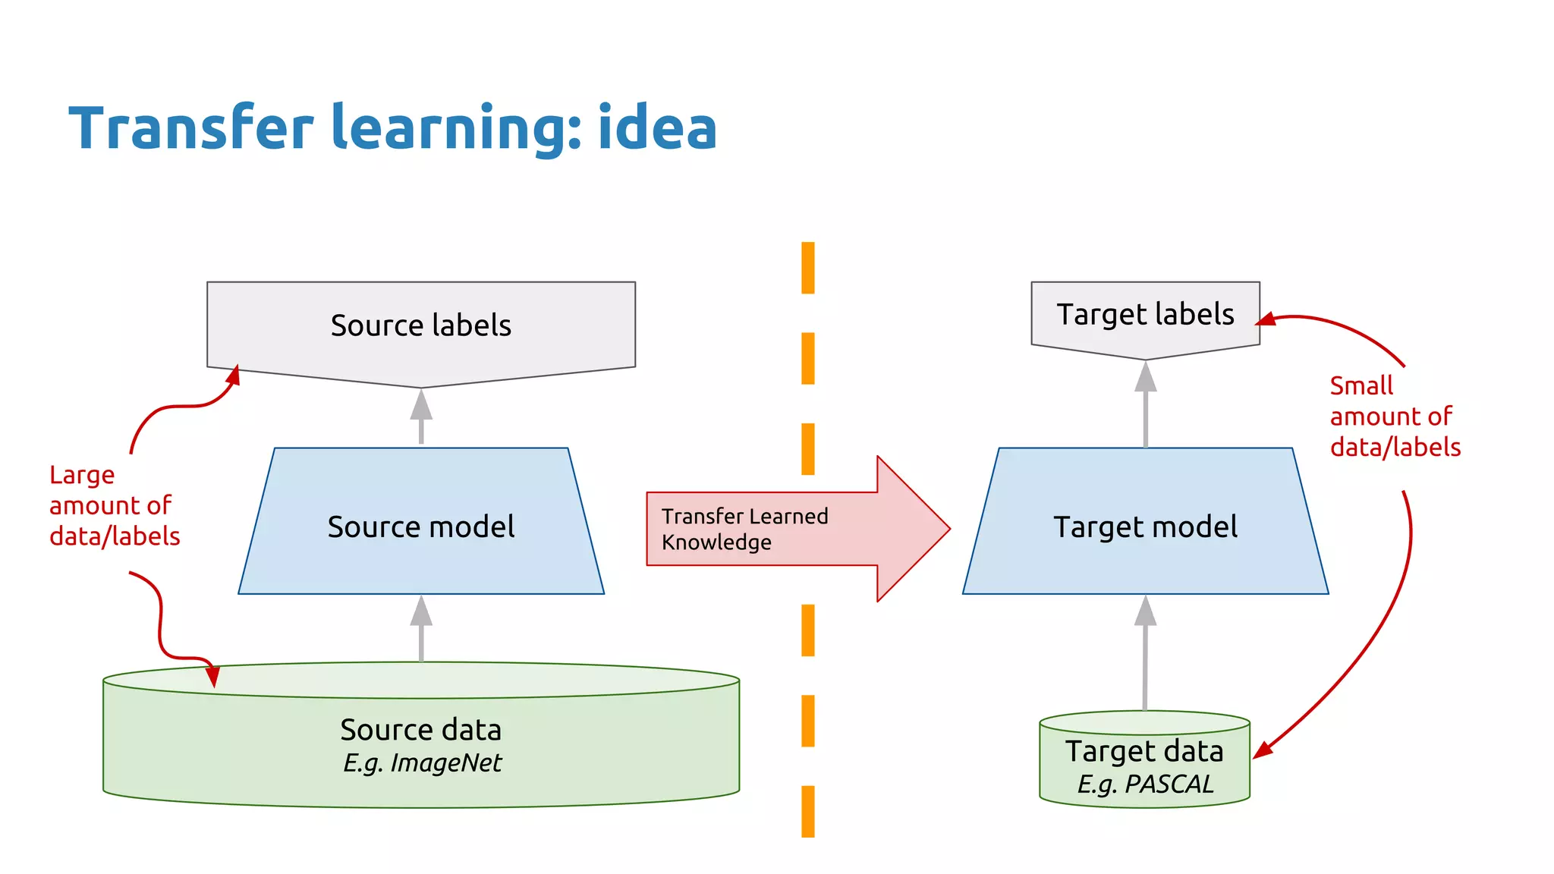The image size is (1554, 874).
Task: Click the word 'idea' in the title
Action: pos(657,128)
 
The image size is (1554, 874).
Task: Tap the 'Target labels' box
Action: pos(1145,315)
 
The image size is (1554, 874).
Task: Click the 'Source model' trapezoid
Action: pos(421,527)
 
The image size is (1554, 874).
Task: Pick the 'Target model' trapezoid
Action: pos(1145,527)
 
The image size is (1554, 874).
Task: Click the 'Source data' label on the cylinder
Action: pos(421,730)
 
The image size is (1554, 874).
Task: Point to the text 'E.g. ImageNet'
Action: pos(422,763)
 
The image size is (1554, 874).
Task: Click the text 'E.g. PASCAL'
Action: pos(1145,784)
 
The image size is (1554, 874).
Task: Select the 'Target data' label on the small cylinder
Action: pos(1144,751)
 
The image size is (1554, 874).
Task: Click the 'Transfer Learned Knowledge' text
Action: pos(744,529)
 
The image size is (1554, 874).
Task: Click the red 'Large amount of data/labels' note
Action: pos(114,506)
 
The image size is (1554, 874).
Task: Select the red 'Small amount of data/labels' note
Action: pos(1394,417)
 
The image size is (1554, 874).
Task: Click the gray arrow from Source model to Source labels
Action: pos(421,416)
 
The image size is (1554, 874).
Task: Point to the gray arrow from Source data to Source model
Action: pos(421,628)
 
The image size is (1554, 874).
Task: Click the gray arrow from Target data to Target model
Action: pos(1145,652)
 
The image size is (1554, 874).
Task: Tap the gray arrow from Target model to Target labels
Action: pos(1145,404)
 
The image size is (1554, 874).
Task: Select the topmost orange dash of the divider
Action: pos(808,268)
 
